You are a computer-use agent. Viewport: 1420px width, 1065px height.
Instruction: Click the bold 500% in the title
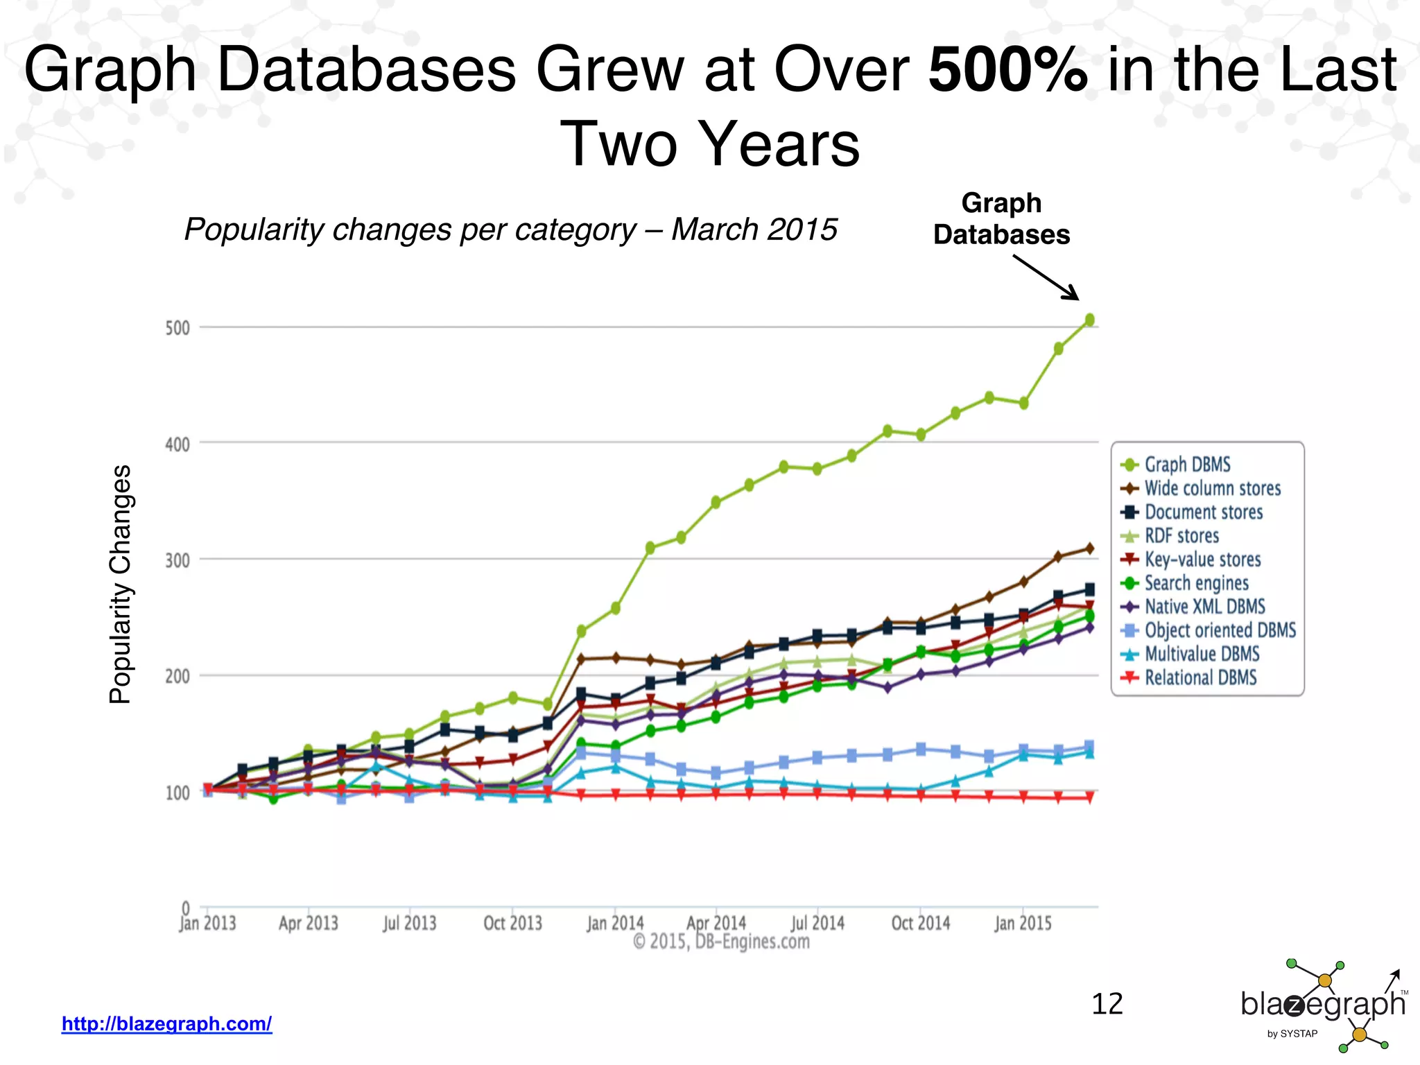point(1007,69)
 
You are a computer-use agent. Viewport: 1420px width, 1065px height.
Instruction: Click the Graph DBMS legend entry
point(1186,465)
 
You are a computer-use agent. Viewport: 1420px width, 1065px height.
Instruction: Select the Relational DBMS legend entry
point(1200,677)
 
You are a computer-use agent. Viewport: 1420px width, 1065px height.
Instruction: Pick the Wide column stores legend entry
point(1212,488)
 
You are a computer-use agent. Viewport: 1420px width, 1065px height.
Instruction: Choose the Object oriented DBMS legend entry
point(1220,630)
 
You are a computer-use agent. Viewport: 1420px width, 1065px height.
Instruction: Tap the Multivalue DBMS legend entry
point(1201,654)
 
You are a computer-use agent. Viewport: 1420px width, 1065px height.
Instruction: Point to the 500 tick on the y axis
point(177,327)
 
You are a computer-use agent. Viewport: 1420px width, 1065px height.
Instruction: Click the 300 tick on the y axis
point(177,560)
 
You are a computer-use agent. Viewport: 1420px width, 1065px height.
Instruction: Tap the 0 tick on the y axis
point(185,908)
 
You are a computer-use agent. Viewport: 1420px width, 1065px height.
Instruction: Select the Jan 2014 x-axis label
point(615,924)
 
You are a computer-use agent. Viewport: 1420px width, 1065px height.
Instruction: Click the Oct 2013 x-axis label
point(512,924)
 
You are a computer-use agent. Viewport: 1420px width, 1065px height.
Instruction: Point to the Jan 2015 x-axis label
point(1023,924)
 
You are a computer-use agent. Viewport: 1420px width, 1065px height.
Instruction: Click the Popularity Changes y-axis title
point(121,584)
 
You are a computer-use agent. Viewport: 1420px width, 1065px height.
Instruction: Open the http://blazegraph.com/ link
point(166,1023)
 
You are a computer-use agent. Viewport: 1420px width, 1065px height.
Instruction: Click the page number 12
point(1107,1004)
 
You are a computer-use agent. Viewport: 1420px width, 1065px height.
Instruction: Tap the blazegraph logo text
point(1322,1004)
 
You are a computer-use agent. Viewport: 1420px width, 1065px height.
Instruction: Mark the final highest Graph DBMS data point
point(1089,320)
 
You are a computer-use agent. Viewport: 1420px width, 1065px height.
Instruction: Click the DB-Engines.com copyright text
point(721,942)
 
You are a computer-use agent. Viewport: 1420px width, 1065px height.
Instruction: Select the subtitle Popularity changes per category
point(510,230)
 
